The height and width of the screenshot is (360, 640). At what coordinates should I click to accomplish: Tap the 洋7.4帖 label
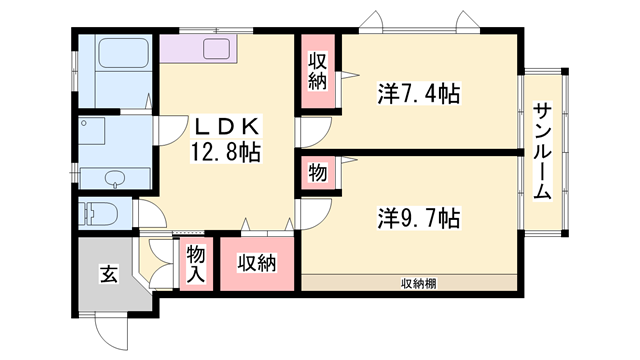pyautogui.click(x=419, y=94)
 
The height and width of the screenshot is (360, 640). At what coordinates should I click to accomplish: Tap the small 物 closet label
pyautogui.click(x=317, y=172)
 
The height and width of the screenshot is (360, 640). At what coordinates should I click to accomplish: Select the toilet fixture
pyautogui.click(x=101, y=214)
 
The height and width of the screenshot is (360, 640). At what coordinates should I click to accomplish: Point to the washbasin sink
pyautogui.click(x=116, y=179)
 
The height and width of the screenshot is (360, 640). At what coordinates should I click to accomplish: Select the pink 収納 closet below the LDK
pyautogui.click(x=256, y=264)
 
